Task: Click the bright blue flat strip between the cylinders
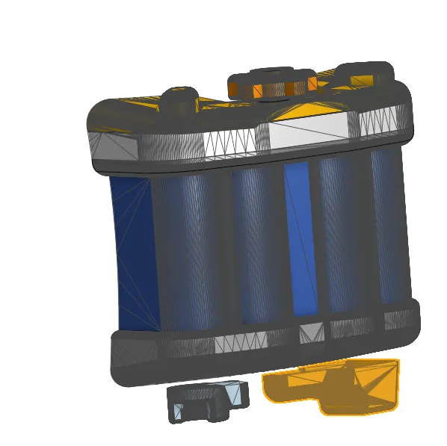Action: coord(297,239)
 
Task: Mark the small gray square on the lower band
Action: coord(311,333)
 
